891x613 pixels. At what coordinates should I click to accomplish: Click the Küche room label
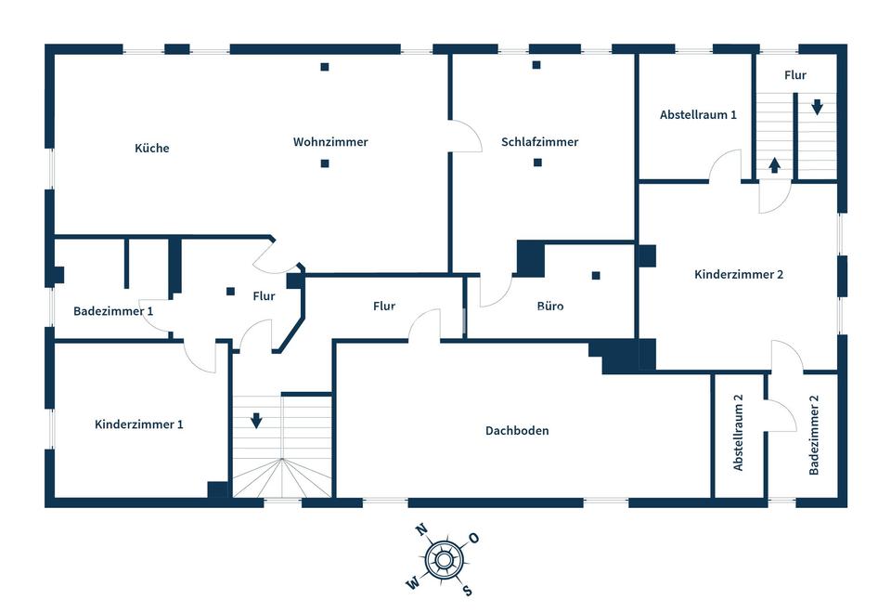[x=151, y=148]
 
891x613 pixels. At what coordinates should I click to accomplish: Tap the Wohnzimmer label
[x=330, y=141]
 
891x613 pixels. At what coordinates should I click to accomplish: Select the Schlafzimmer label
[x=539, y=141]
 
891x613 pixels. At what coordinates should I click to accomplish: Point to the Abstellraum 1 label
[x=698, y=114]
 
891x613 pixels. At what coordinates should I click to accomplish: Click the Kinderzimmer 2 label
[x=739, y=274]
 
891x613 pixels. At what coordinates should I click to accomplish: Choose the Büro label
[x=550, y=306]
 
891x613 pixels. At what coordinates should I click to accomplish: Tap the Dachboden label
[x=517, y=430]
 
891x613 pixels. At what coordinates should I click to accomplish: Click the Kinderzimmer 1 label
[x=138, y=424]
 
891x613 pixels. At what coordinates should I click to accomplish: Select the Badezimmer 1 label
[x=113, y=311]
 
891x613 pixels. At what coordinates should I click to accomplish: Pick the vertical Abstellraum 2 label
[x=738, y=433]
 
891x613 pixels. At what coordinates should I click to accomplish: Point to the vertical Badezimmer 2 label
[x=814, y=435]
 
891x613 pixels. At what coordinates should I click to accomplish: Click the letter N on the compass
[x=421, y=530]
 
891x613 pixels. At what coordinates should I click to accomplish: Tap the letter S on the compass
[x=467, y=591]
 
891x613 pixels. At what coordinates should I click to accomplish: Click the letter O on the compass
[x=474, y=538]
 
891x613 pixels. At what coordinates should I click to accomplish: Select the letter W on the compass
[x=413, y=583]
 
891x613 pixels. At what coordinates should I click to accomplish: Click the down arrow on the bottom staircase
[x=256, y=420]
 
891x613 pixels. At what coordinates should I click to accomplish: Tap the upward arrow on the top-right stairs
[x=774, y=165]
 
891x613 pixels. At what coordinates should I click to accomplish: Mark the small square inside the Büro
[x=596, y=276]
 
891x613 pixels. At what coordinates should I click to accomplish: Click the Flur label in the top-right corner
[x=795, y=75]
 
